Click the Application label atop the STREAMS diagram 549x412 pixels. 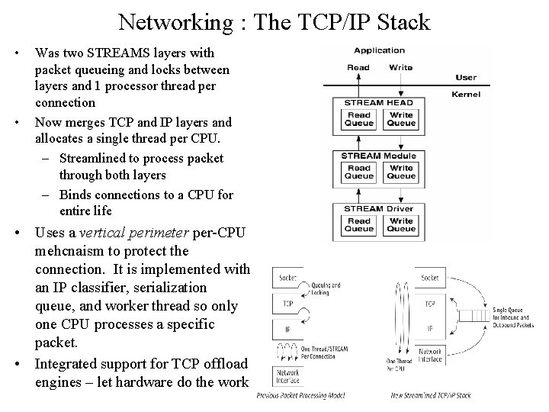coord(379,50)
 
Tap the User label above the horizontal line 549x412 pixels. coord(465,77)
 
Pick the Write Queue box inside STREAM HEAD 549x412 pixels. coord(400,119)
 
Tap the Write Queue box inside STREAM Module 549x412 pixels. coord(400,172)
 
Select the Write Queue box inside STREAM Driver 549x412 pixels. coord(400,225)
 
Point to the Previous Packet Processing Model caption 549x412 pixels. coord(301,395)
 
